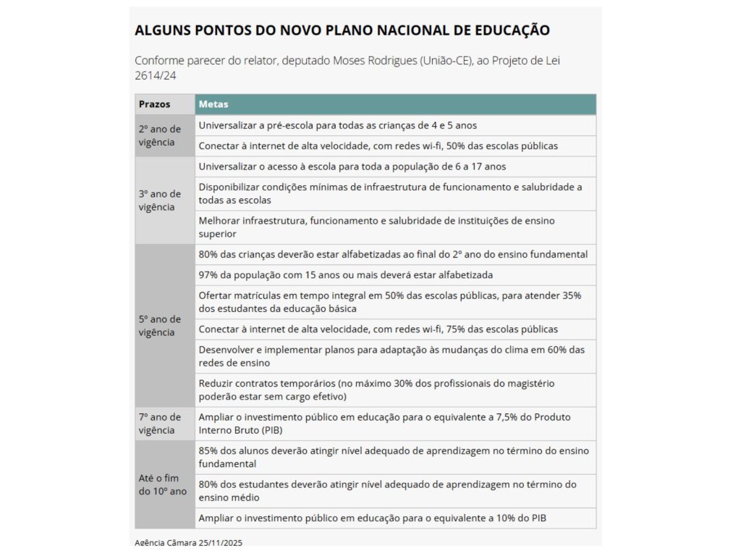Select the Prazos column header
click(x=155, y=104)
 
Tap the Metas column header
click(x=213, y=104)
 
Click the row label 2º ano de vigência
click(x=159, y=135)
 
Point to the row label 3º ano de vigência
click(x=159, y=200)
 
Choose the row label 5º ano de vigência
click(x=159, y=325)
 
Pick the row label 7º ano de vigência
click(x=159, y=424)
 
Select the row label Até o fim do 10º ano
click(x=162, y=484)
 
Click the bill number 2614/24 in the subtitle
click(x=156, y=75)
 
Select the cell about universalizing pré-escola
click(x=337, y=125)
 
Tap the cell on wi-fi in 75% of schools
click(x=378, y=329)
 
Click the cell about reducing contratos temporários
click(x=376, y=389)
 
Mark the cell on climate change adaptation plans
click(x=391, y=356)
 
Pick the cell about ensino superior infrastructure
click(x=376, y=227)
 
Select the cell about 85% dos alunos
click(x=394, y=457)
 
